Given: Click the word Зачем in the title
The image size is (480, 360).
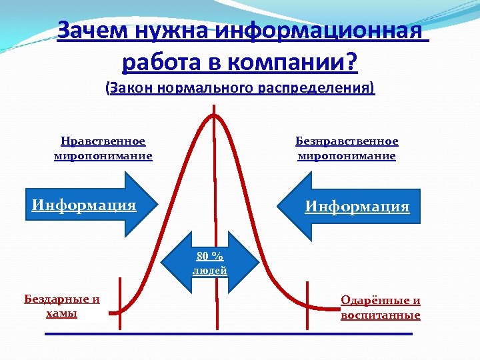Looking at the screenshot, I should click(88, 31).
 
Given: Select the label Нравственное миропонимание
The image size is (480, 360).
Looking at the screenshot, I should click(103, 149).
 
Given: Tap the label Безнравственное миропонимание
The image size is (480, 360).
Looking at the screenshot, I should click(347, 149).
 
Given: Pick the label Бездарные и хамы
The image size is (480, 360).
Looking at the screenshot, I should click(62, 306).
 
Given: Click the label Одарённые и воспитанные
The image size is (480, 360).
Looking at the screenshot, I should click(381, 307).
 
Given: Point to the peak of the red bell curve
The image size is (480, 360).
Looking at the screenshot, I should click(214, 114).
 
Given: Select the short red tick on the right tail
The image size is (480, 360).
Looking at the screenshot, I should click(308, 298).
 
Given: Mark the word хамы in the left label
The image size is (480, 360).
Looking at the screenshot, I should click(62, 313).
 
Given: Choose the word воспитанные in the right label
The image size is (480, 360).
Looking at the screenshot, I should click(381, 315).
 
